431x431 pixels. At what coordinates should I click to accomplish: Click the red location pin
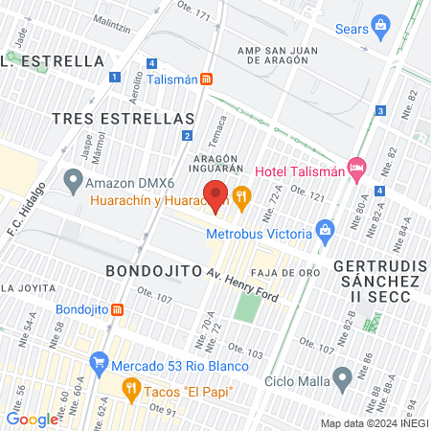tap(216, 195)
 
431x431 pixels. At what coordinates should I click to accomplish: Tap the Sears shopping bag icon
tap(380, 24)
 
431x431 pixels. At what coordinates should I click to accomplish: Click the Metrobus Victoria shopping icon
tap(325, 231)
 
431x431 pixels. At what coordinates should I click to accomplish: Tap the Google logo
tap(32, 420)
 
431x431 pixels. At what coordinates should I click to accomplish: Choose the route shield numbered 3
tap(381, 110)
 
